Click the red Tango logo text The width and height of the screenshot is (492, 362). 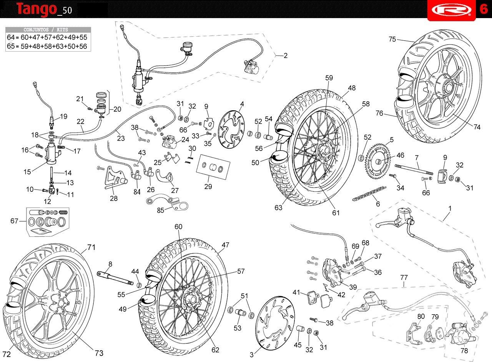(37, 9)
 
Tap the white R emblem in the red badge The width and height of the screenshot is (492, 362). (452, 10)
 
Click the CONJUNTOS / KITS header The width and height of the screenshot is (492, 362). (46, 30)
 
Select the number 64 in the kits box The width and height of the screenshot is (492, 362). (10, 37)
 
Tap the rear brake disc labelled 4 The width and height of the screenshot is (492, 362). (231, 130)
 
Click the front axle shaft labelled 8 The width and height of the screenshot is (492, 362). (115, 278)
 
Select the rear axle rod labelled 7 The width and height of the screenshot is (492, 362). (414, 169)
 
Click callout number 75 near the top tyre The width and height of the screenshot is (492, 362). (392, 39)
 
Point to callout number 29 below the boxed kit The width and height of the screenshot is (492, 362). (208, 186)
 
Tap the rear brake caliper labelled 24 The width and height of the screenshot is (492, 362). (170, 142)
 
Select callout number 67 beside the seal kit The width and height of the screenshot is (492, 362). (14, 221)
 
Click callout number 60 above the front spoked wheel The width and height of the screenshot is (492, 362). (178, 226)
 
